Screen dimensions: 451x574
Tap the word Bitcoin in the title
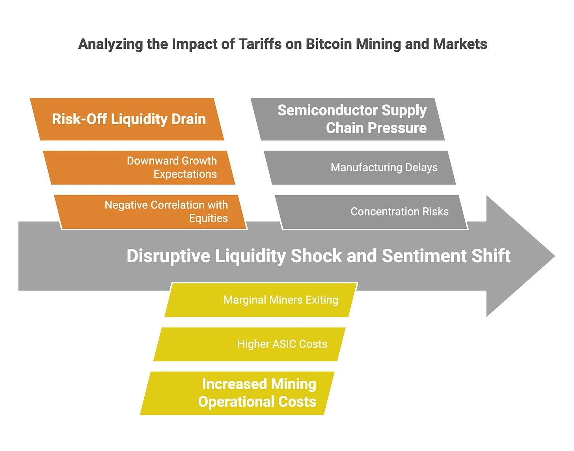click(x=329, y=44)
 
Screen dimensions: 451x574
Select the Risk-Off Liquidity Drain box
click(x=129, y=119)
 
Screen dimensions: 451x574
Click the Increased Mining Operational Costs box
click(x=238, y=393)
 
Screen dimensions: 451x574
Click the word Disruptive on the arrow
click(x=168, y=256)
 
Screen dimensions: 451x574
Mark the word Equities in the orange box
click(x=208, y=218)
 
